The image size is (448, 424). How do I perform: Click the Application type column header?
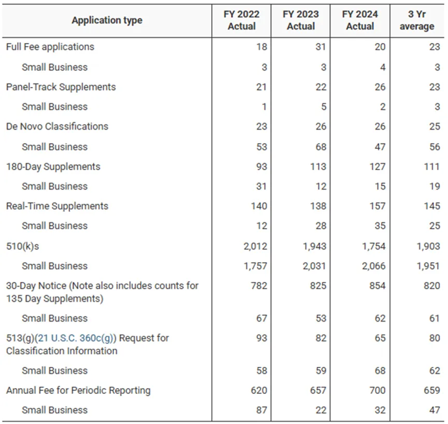click(106, 21)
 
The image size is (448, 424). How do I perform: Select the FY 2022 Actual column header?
click(241, 21)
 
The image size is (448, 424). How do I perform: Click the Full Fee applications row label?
click(50, 47)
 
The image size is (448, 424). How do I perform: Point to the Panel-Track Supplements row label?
click(61, 87)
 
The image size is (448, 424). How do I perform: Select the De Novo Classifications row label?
click(57, 126)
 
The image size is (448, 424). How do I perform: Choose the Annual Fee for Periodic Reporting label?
click(78, 390)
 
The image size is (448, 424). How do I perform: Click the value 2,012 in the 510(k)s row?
click(255, 246)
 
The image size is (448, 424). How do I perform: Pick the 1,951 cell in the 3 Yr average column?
click(428, 266)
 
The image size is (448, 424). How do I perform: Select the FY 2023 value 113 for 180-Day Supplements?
click(317, 167)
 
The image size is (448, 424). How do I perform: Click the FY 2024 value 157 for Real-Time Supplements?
click(377, 206)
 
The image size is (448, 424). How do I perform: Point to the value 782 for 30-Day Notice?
click(259, 286)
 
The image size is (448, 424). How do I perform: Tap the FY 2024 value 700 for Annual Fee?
click(377, 390)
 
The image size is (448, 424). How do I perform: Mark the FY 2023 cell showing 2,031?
click(315, 266)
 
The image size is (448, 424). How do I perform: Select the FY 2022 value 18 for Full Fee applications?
click(262, 47)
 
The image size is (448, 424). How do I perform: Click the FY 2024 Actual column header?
click(360, 21)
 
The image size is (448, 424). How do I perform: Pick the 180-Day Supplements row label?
click(53, 167)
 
